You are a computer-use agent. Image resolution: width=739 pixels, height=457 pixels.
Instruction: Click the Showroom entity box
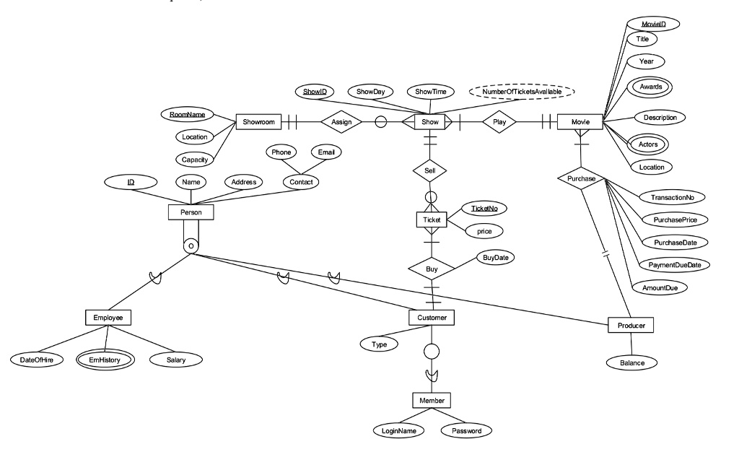tap(256, 123)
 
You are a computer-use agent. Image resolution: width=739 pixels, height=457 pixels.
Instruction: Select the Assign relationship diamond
tap(341, 123)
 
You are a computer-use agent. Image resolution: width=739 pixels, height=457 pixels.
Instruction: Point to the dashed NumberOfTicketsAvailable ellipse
tap(520, 92)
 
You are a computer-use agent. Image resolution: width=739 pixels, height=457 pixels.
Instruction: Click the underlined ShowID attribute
tap(315, 92)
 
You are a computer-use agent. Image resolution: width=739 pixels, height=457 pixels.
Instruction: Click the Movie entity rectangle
tap(580, 123)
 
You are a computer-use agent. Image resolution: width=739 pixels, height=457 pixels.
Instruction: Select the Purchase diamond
tap(580, 178)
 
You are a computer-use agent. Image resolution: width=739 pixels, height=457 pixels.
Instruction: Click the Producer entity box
tap(631, 326)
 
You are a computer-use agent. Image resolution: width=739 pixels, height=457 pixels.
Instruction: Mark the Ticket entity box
tap(431, 219)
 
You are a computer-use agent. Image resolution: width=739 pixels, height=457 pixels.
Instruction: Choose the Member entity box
tap(431, 400)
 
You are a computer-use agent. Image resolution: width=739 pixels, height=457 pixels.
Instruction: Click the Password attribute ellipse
tap(466, 431)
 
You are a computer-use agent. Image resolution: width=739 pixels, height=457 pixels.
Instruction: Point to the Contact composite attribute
tap(300, 182)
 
